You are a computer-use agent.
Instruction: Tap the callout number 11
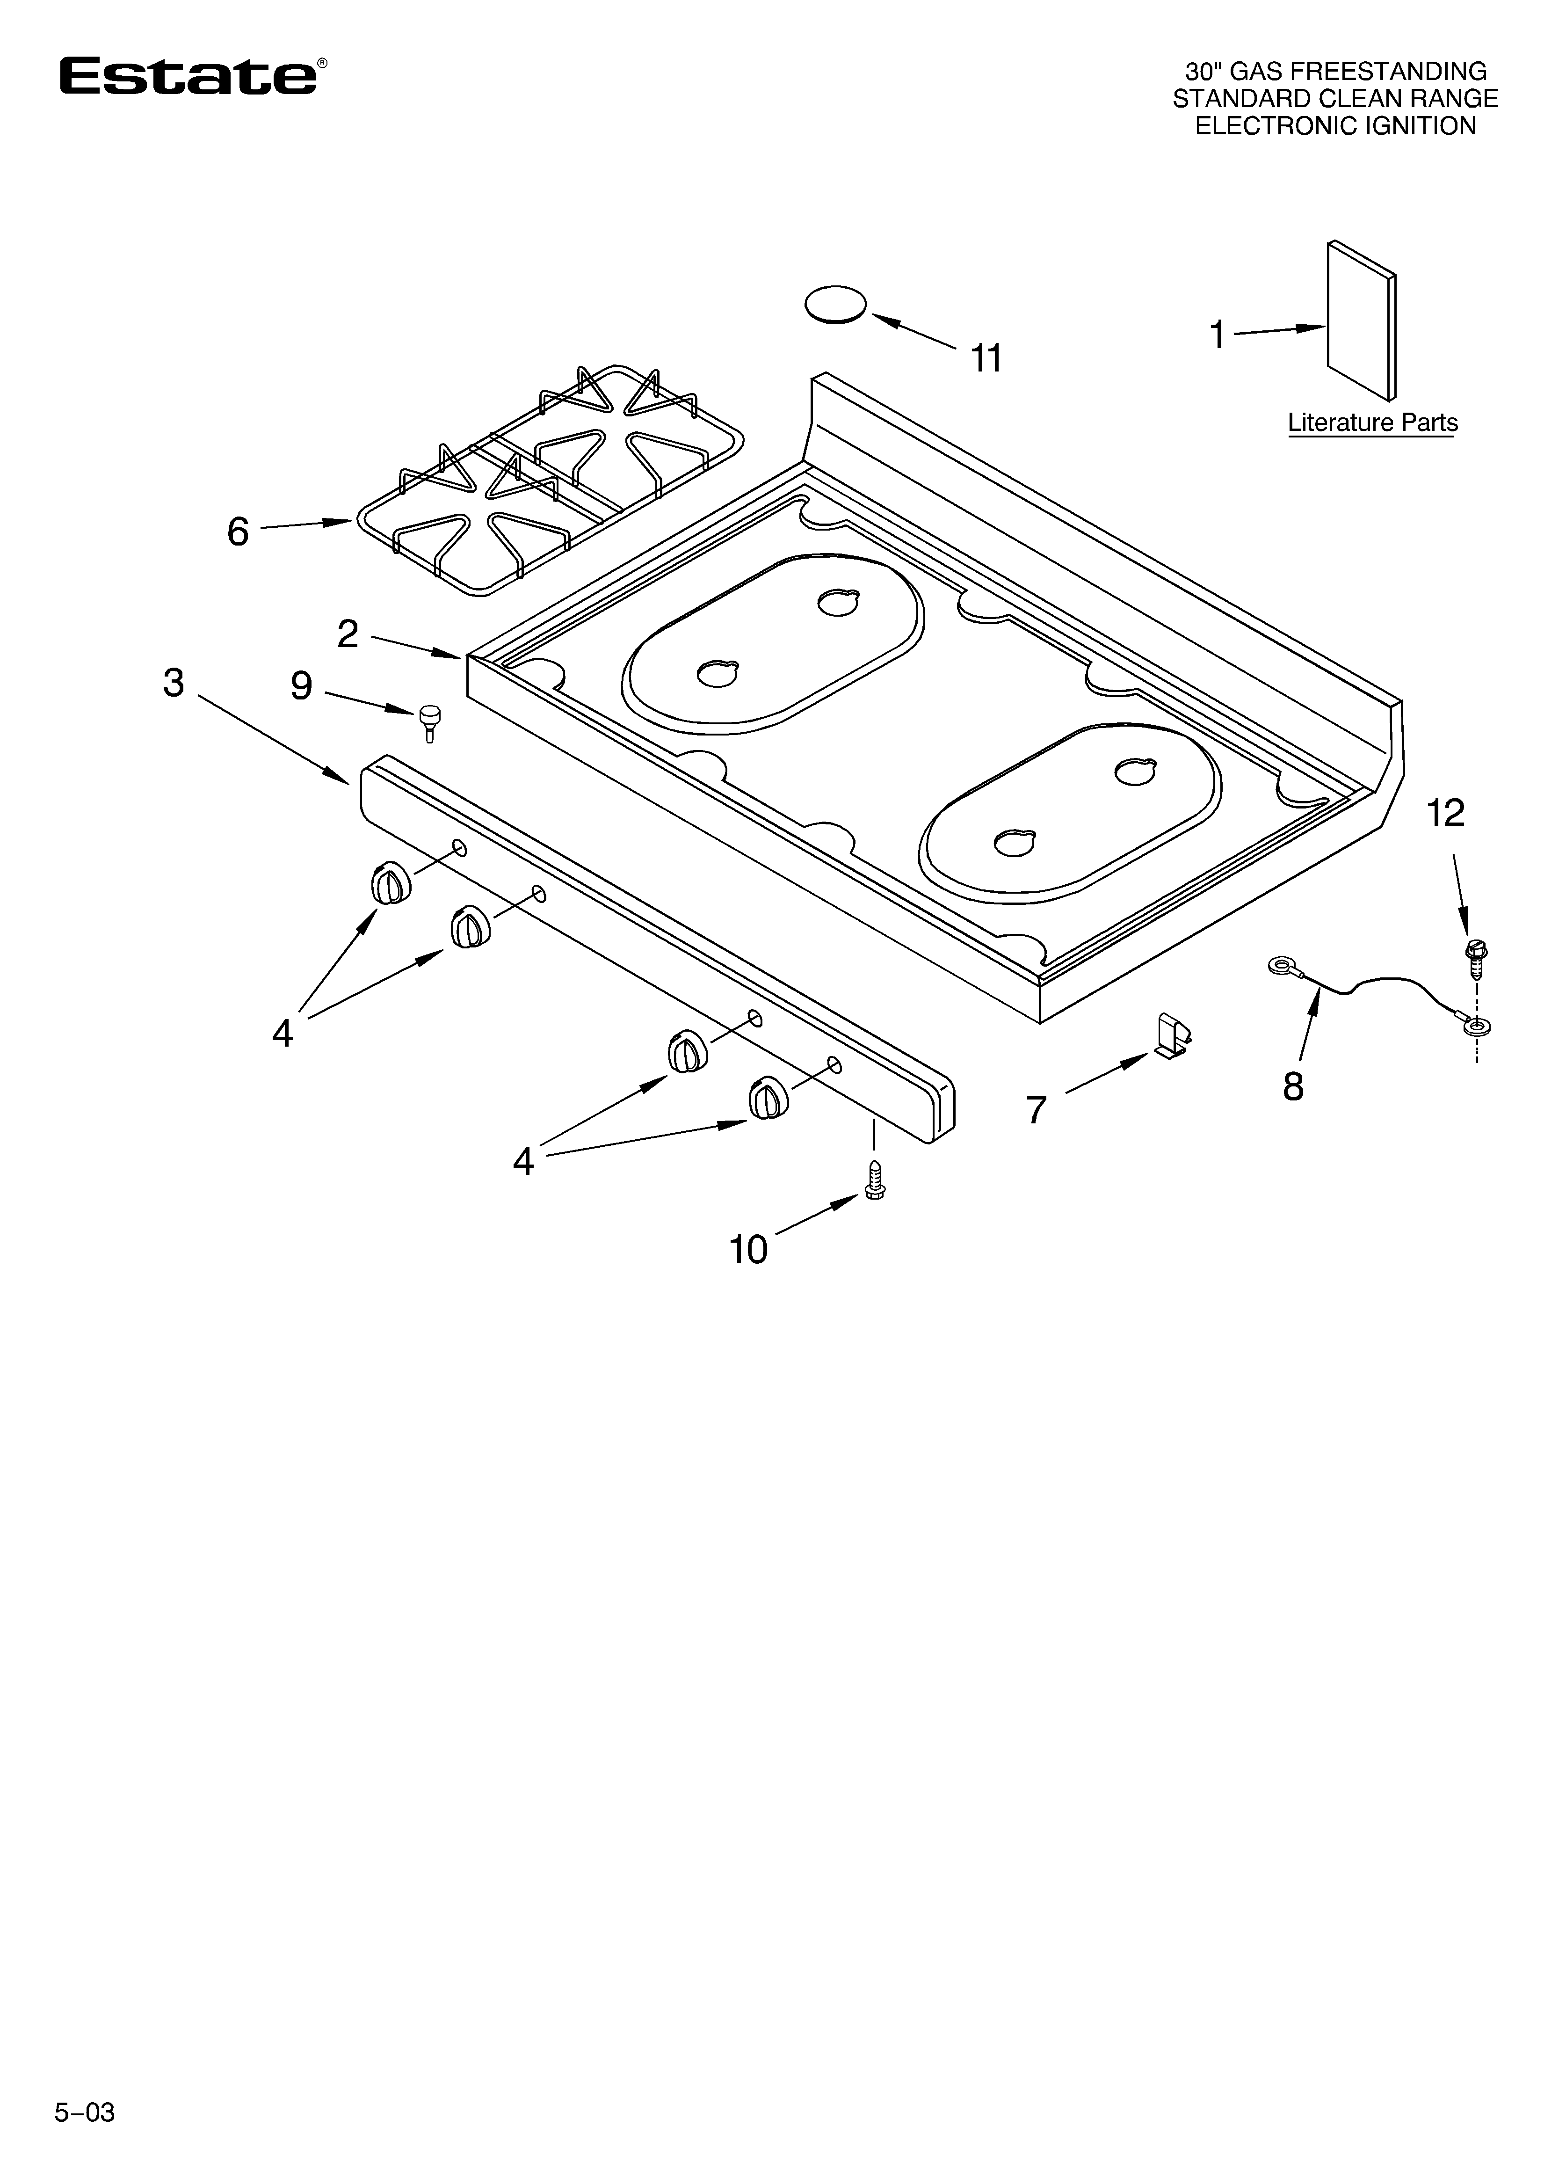(986, 358)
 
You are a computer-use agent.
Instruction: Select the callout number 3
(174, 683)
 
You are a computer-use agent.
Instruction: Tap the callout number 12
(1446, 814)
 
